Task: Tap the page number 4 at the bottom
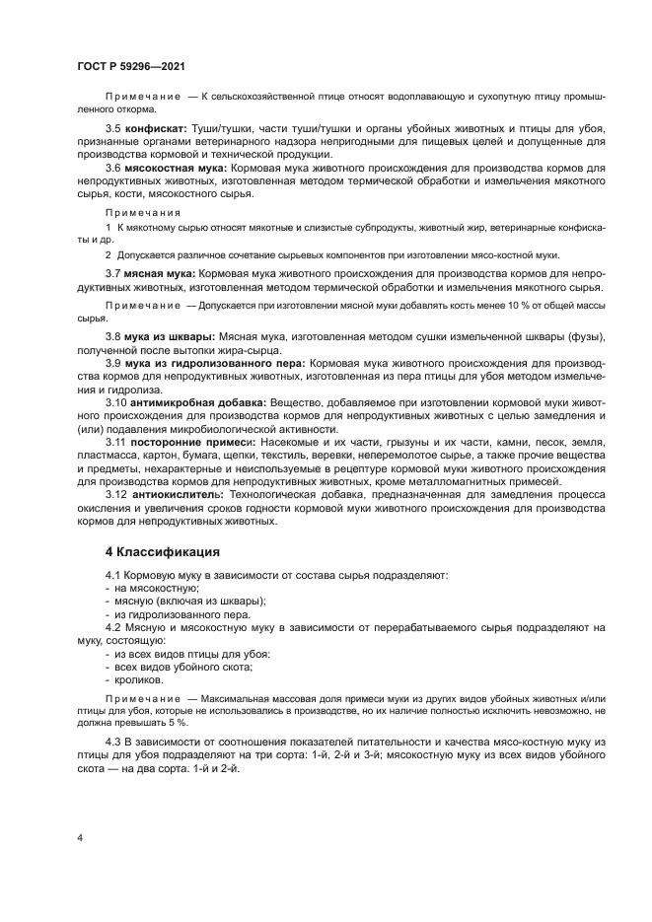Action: coord(79,838)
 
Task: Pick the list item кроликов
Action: coord(141,679)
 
